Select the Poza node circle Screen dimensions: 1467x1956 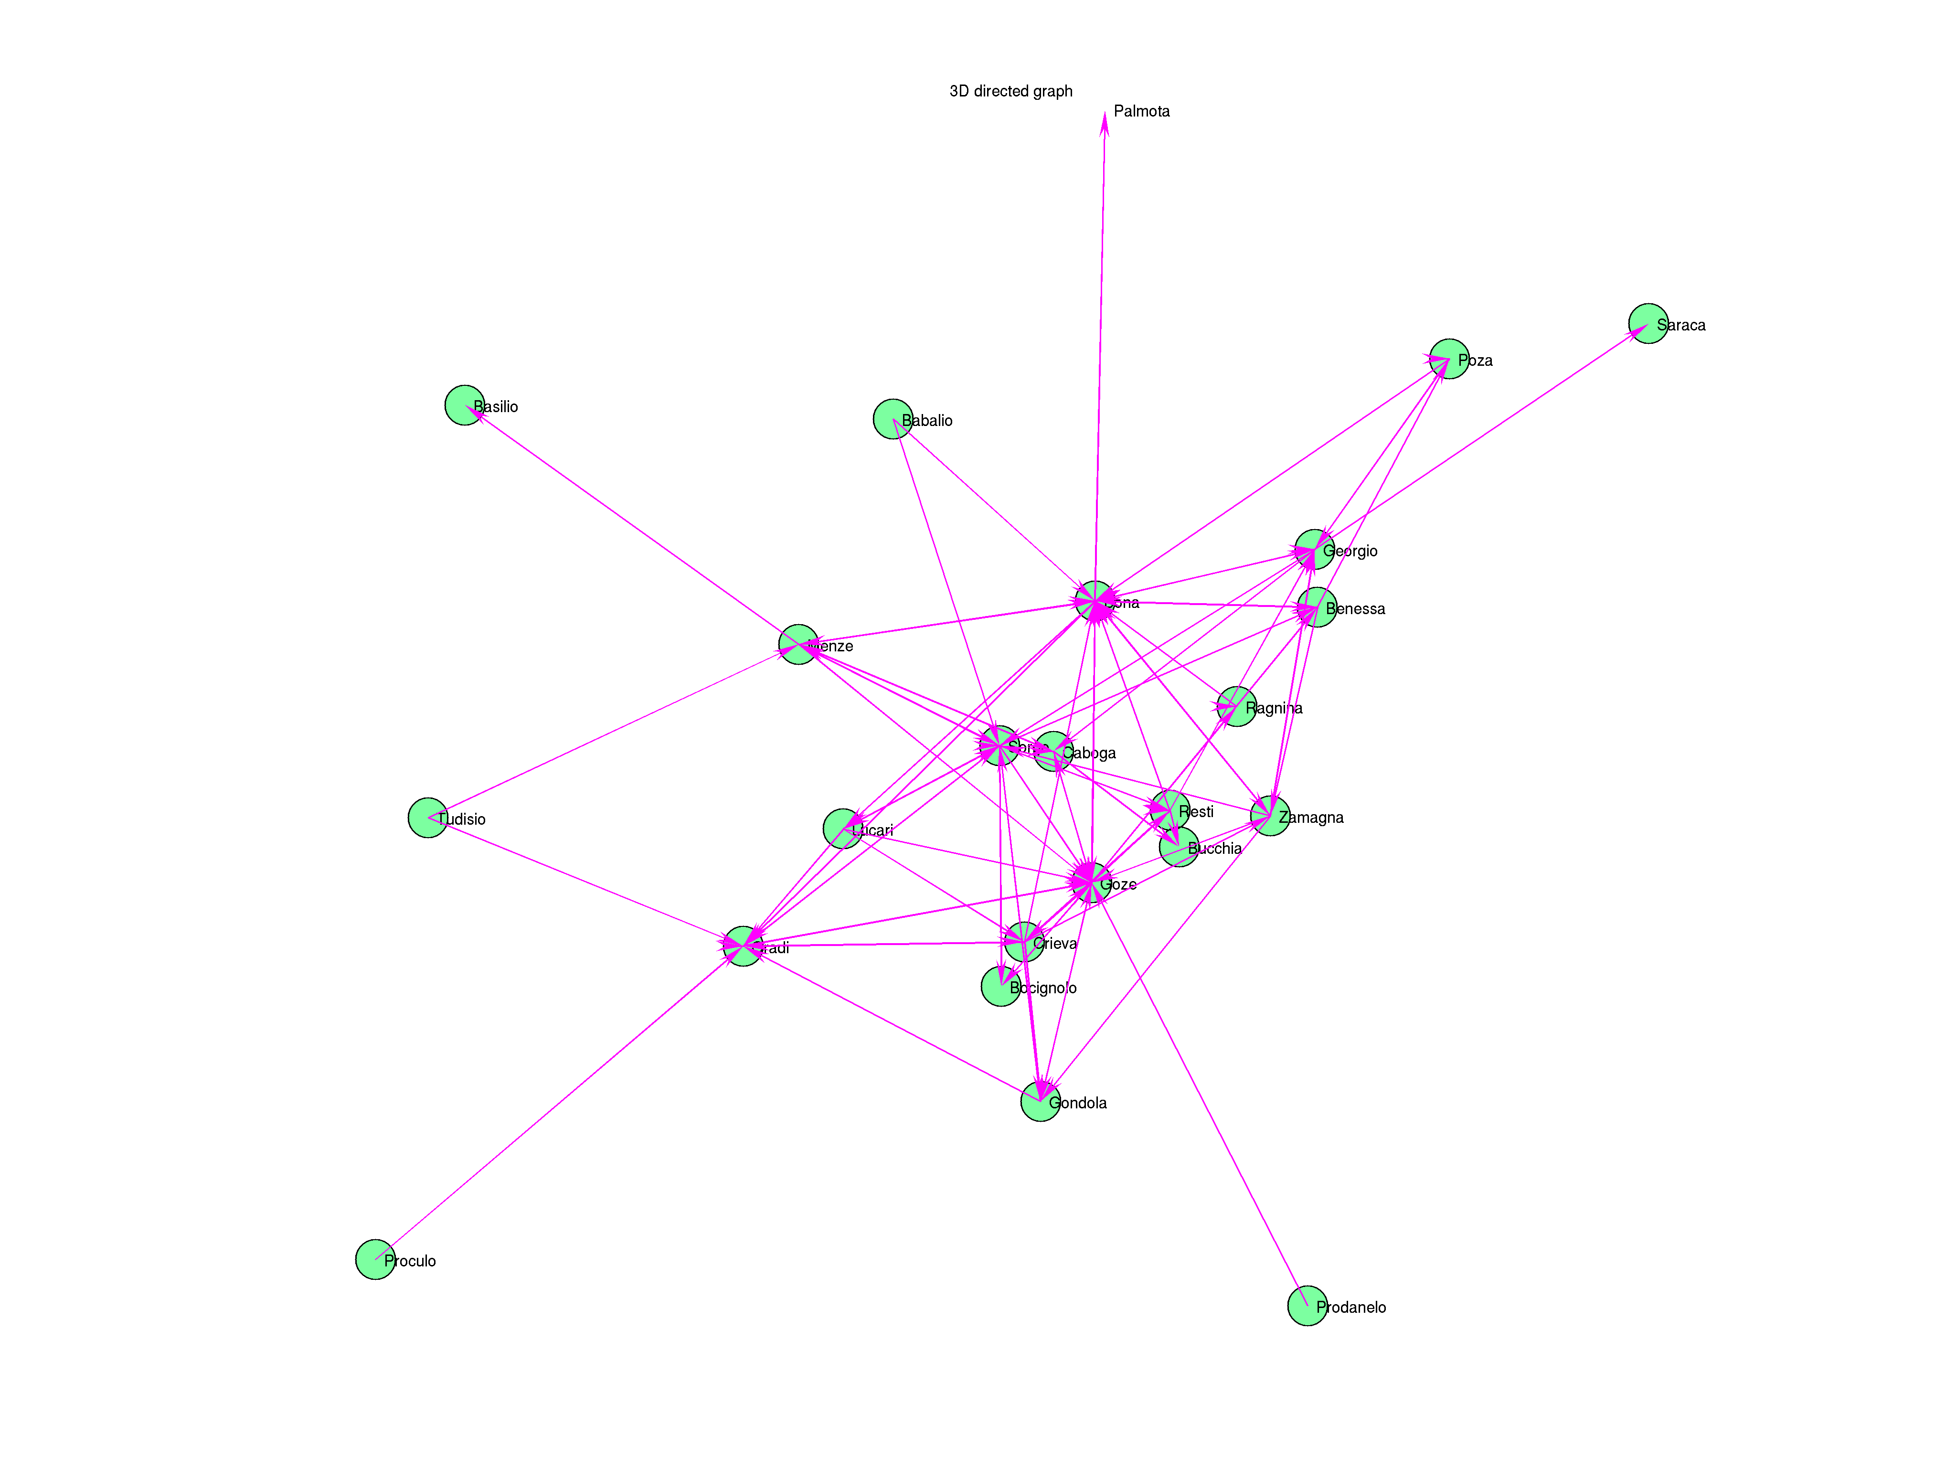[x=1448, y=359]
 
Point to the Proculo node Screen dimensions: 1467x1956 [x=375, y=1259]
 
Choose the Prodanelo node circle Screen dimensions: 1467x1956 [x=1307, y=1306]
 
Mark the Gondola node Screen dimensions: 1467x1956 [x=1040, y=1102]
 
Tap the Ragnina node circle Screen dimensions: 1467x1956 [x=1236, y=707]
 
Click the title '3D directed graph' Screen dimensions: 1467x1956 [x=1011, y=91]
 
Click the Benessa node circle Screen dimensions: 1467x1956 [x=1317, y=607]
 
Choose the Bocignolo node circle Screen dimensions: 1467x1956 [x=1000, y=987]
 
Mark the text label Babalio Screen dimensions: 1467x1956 [x=927, y=421]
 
